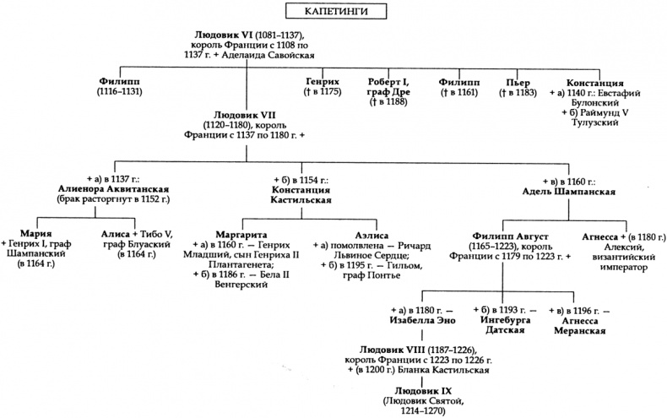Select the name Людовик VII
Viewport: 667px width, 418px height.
pyautogui.click(x=245, y=113)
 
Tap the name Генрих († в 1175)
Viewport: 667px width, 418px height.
pyautogui.click(x=323, y=81)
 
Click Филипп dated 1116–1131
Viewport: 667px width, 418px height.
pyautogui.click(x=119, y=81)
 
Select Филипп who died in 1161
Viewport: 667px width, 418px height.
pyautogui.click(x=457, y=81)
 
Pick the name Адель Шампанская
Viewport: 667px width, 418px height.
pyautogui.click(x=571, y=192)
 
